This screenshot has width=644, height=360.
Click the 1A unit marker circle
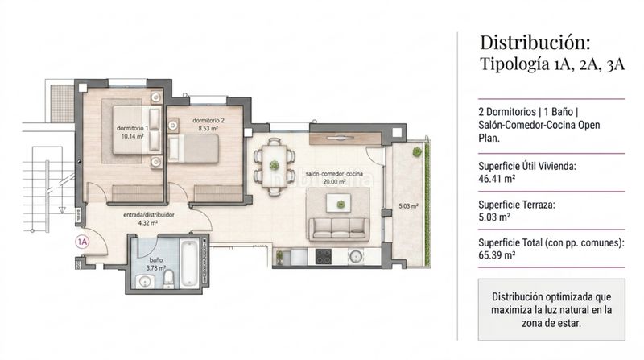pos(82,242)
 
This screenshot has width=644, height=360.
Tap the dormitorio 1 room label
pos(132,128)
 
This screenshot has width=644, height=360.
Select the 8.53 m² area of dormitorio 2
pos(208,129)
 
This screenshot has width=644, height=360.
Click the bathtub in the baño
pos(189,263)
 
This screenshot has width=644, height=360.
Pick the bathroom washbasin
pos(145,282)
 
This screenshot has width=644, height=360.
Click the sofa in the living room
pos(339,230)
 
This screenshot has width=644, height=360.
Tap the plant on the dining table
pos(274,166)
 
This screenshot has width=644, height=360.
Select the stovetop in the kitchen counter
pos(324,257)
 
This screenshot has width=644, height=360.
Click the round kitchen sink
pos(356,257)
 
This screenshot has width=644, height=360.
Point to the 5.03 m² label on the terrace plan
pos(408,206)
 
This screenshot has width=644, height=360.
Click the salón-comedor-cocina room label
pos(334,174)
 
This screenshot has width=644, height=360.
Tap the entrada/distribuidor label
pos(149,214)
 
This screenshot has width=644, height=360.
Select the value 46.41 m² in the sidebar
pos(497,179)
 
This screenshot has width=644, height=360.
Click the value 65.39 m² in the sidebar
pos(497,255)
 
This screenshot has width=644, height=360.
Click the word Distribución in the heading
pos(535,43)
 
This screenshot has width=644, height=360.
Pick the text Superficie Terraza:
pos(517,205)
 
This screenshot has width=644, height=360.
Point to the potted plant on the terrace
pos(417,151)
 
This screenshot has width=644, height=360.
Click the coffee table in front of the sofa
pos(338,204)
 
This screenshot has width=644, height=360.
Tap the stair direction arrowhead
pos(62,210)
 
